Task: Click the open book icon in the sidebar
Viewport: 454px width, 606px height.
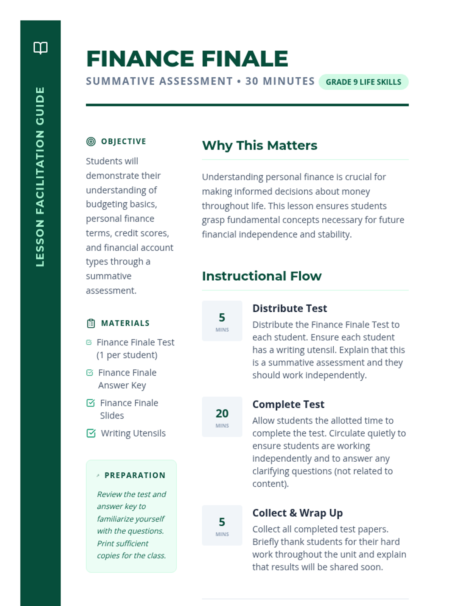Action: point(40,48)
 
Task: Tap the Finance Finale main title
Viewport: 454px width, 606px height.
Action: point(187,59)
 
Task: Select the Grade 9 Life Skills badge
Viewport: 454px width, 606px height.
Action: point(363,82)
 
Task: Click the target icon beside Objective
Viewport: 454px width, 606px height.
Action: point(91,142)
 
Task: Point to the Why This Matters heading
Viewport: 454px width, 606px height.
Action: point(260,145)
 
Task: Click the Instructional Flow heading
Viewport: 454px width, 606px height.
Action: point(261,276)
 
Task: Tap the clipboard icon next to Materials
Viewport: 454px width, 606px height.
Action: point(91,323)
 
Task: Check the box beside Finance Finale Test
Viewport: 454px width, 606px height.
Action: point(89,342)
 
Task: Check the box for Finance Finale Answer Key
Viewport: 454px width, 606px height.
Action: point(90,373)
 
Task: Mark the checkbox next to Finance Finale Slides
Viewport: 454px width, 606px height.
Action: point(90,403)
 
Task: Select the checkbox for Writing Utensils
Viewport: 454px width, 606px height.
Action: point(91,433)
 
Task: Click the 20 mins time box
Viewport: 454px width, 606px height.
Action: point(222,417)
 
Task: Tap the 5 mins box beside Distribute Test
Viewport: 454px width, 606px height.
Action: point(222,321)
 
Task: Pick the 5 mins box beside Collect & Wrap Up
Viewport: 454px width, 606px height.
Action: point(222,525)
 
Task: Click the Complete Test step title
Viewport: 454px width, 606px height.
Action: point(288,405)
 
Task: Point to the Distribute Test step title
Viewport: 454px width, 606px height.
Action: point(289,308)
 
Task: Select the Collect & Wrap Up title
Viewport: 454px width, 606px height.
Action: point(297,513)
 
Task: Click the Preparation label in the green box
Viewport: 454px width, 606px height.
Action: point(135,475)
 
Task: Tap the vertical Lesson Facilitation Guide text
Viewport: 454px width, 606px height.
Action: point(40,176)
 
